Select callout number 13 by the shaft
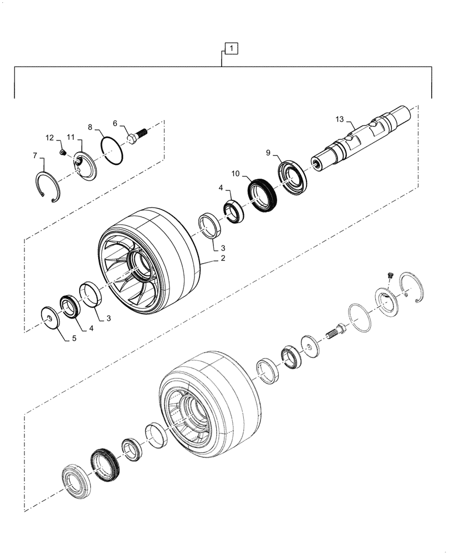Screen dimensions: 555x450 tap(340, 119)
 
